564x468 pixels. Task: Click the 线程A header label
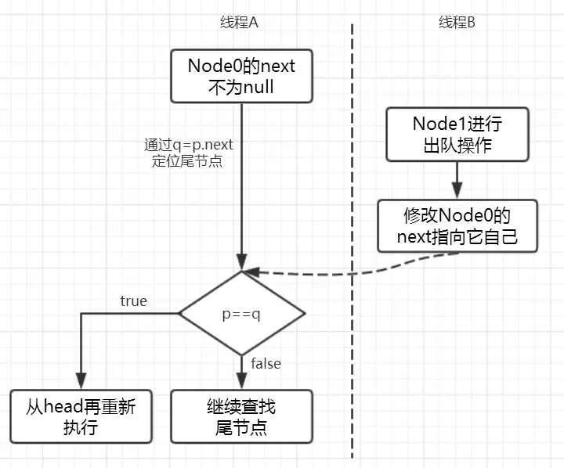pos(239,23)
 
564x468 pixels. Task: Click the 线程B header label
pos(457,23)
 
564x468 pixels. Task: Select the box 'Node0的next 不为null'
pos(241,76)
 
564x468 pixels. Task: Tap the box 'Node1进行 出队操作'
pos(457,135)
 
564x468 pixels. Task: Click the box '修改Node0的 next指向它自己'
pos(457,225)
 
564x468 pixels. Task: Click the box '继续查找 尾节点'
pos(241,416)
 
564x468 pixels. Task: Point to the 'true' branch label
pos(133,301)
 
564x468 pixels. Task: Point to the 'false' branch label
pos(266,363)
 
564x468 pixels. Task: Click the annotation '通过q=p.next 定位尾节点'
pos(189,153)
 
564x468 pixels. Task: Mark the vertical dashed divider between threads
pos(352,235)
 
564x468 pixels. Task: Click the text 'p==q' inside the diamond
pos(242,314)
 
